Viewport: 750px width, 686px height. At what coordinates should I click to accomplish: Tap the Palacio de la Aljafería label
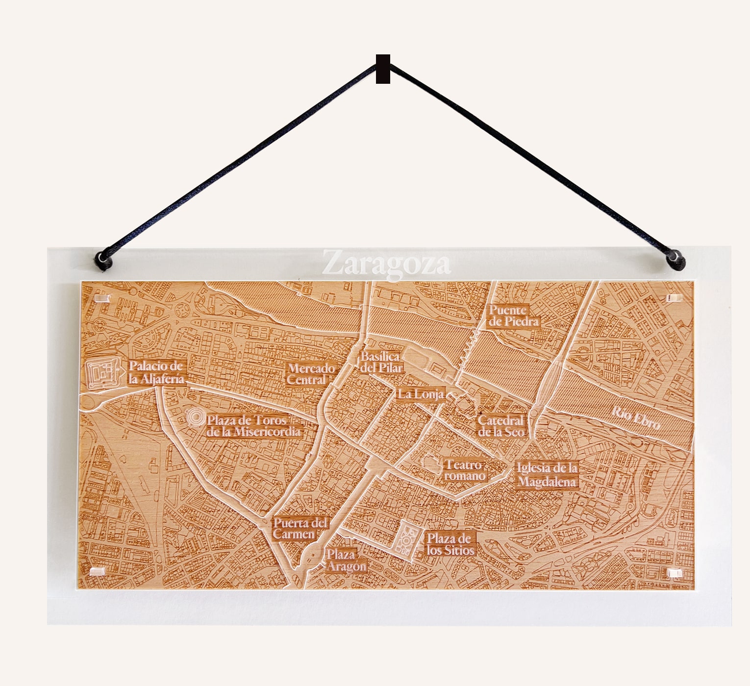(x=156, y=372)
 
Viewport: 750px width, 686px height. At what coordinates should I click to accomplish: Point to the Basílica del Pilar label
(x=381, y=362)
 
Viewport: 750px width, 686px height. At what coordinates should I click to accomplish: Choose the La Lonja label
(x=421, y=394)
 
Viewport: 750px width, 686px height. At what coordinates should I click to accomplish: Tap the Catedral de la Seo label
(x=500, y=426)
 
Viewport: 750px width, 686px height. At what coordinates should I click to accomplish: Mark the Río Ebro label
(x=636, y=418)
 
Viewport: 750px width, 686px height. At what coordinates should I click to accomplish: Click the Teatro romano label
(x=464, y=470)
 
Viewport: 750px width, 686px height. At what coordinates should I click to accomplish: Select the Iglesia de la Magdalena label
(x=547, y=475)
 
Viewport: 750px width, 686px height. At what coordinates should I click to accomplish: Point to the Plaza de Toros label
(x=253, y=426)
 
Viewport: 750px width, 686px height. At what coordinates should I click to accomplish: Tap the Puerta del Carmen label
(x=300, y=529)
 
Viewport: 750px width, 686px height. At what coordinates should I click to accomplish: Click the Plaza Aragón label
(x=346, y=561)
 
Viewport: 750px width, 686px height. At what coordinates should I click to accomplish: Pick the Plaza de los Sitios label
(x=450, y=544)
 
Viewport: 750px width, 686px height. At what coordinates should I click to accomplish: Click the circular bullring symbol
(x=196, y=417)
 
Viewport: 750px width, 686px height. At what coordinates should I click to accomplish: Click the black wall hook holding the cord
(x=383, y=69)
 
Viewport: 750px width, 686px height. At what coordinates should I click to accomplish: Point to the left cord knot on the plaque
(x=103, y=260)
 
